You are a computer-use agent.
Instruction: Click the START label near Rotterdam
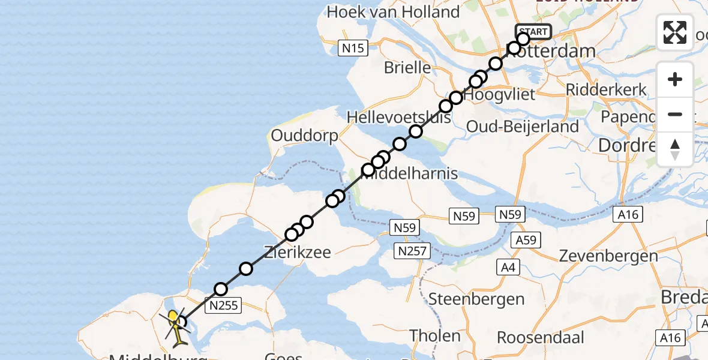click(533, 32)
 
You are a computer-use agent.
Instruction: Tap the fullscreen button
click(675, 32)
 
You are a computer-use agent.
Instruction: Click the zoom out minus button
click(675, 114)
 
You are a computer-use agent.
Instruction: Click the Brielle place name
click(407, 67)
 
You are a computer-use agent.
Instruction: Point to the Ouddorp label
click(304, 136)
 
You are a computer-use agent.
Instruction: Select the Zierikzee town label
click(298, 252)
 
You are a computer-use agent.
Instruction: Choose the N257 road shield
click(412, 251)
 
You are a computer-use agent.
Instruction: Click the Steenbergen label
click(476, 298)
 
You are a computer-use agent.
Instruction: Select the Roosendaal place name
click(541, 337)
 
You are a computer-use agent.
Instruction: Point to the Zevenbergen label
click(608, 256)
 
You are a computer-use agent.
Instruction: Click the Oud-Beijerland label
click(522, 127)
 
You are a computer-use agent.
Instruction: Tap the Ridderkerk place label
click(607, 90)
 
